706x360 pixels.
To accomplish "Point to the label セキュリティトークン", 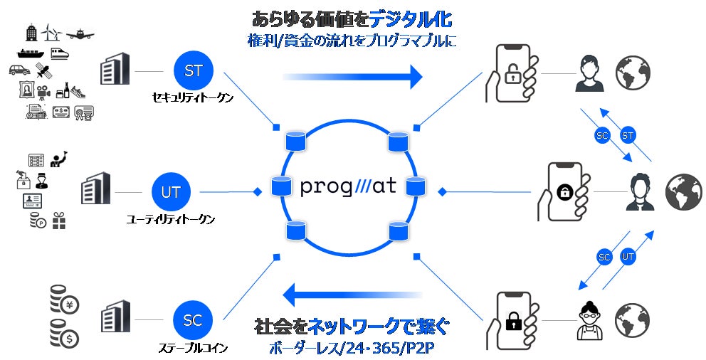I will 193,98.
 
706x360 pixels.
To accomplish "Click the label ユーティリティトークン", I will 171,219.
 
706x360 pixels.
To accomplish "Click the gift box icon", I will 58,222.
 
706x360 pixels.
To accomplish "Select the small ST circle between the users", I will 628,134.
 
